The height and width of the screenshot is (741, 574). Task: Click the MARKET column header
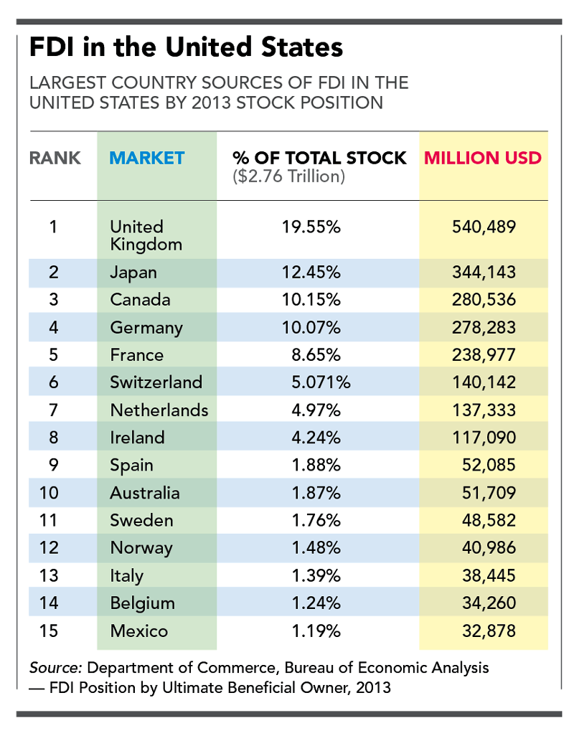tap(147, 158)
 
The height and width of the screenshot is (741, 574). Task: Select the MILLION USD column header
tap(483, 158)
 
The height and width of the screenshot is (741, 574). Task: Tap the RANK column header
tap(55, 158)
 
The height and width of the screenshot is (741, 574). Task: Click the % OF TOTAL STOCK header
tap(319, 158)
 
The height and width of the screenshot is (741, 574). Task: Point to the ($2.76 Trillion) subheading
tap(289, 176)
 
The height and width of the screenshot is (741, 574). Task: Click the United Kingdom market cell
tap(146, 235)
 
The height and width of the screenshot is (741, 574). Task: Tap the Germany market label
tap(146, 328)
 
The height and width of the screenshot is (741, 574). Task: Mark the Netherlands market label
tap(159, 410)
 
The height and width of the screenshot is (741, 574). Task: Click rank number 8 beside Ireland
tap(53, 438)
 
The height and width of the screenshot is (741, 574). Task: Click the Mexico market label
tap(138, 631)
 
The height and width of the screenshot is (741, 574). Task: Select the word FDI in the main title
tap(54, 49)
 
